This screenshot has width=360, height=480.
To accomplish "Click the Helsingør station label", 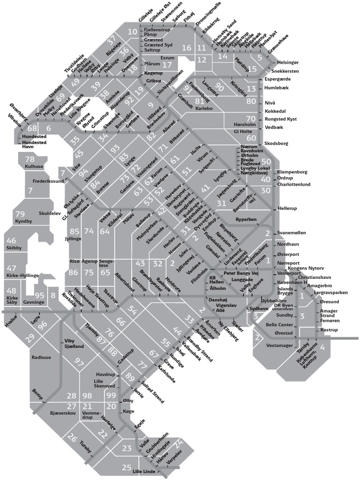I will [288, 62].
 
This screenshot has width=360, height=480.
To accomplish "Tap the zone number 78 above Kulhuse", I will [30, 159].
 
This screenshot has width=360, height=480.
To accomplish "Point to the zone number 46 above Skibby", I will [11, 241].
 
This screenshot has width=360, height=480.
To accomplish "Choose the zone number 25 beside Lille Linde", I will [127, 467].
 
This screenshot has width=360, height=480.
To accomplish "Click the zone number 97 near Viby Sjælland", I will [79, 362].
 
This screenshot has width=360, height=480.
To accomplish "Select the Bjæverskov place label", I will [62, 414].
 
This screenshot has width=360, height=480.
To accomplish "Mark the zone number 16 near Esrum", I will [187, 48].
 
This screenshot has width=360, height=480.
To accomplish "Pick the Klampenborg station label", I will [292, 172].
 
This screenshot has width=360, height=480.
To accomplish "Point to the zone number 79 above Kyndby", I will [20, 214].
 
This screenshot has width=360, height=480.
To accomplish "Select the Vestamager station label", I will [279, 345].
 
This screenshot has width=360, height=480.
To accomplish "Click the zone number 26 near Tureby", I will [72, 438].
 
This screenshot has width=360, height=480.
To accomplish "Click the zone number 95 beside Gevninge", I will [40, 295].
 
